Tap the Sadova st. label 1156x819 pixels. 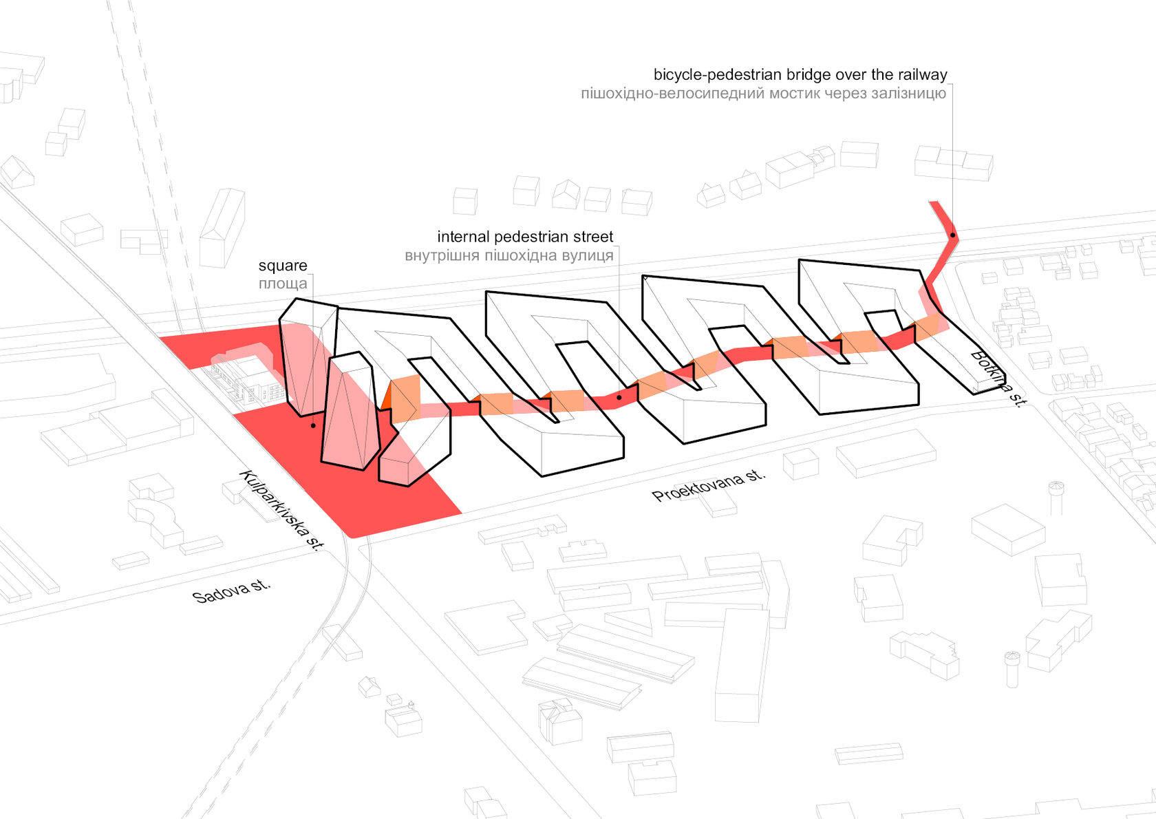click(x=231, y=591)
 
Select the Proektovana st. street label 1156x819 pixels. click(x=708, y=485)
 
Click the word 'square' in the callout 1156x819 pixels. click(x=283, y=266)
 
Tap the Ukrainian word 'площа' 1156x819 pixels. click(x=283, y=284)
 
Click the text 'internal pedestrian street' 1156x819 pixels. click(x=525, y=237)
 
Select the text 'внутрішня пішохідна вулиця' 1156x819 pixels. click(x=509, y=255)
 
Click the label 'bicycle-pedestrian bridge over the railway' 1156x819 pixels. click(x=800, y=74)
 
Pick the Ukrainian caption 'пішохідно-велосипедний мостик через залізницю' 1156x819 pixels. click(x=763, y=93)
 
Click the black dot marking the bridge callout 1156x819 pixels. click(x=953, y=236)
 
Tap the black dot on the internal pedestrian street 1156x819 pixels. click(x=619, y=398)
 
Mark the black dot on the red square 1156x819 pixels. click(x=313, y=426)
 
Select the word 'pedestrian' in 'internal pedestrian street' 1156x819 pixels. click(x=525, y=237)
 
